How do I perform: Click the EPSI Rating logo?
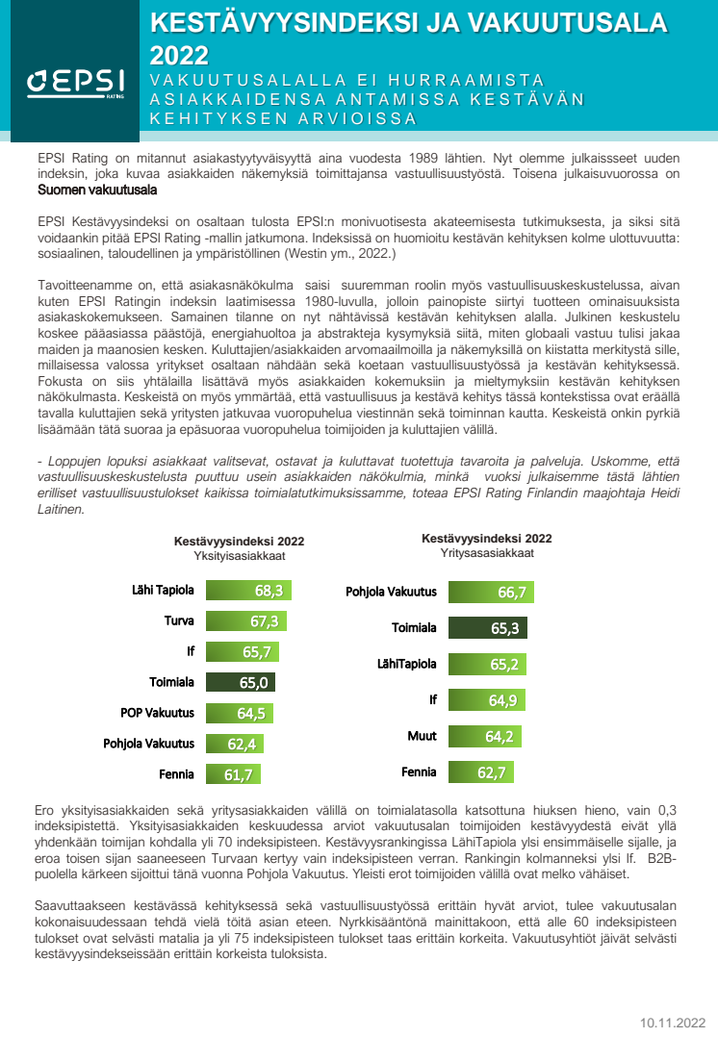69,84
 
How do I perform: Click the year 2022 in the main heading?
179,55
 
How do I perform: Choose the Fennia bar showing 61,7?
226,773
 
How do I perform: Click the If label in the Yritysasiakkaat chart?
432,700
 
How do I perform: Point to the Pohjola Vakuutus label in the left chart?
149,744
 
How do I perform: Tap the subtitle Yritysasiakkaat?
487,553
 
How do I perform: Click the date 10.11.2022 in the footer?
673,1023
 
